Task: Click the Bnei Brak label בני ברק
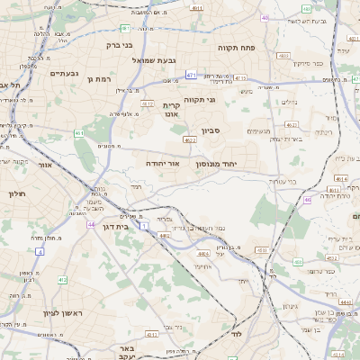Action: (119, 43)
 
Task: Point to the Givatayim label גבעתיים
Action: (66, 73)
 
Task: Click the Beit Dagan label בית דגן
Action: (112, 227)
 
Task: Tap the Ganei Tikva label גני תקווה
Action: (200, 100)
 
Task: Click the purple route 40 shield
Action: (265, 17)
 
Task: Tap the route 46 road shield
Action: (308, 200)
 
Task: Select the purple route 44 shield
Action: (90, 223)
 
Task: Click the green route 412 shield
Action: (62, 280)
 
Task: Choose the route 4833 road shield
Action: (283, 56)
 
